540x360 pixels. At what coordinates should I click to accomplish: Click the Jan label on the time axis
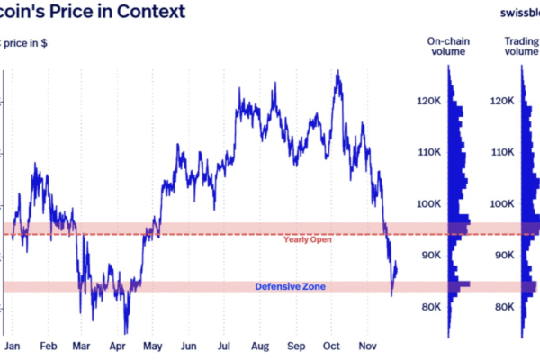pos(13,346)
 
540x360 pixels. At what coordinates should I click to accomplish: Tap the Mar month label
pos(82,346)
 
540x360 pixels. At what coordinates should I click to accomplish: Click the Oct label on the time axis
pos(330,346)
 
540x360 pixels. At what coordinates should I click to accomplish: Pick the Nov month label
pos(367,346)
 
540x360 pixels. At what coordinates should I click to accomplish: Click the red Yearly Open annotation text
pos(306,239)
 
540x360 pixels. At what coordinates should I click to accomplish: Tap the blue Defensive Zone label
pos(290,286)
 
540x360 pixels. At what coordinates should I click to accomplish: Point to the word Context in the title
pos(152,13)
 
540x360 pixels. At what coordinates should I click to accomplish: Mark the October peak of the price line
pos(337,71)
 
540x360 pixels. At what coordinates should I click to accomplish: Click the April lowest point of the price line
pos(127,333)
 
